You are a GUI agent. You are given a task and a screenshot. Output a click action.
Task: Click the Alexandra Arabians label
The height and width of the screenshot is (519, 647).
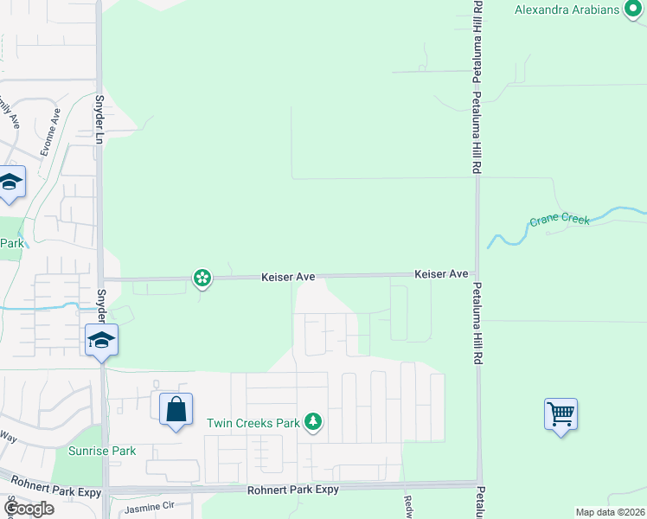(x=567, y=10)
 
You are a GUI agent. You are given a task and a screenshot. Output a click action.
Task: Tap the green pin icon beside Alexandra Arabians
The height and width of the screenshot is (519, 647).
(x=633, y=10)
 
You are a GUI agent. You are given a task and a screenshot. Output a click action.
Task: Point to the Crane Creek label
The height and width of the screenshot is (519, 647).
(x=559, y=220)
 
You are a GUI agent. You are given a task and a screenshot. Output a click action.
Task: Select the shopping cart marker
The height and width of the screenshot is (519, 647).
(x=561, y=414)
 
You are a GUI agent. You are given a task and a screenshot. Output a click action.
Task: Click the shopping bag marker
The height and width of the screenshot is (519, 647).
(x=176, y=409)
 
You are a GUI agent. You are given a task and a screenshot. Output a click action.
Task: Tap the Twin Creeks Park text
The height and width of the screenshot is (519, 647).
(x=253, y=423)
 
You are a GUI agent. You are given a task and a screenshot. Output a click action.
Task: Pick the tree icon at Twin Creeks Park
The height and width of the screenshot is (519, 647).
(x=313, y=422)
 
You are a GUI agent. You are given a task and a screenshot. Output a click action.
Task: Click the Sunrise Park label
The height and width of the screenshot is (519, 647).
(x=102, y=451)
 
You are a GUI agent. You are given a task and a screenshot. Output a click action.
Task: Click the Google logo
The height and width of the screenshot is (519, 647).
(x=29, y=509)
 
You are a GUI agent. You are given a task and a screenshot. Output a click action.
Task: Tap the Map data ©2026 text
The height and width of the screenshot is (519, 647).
(x=611, y=512)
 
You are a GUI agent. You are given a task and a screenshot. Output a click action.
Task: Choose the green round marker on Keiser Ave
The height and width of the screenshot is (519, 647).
(x=202, y=278)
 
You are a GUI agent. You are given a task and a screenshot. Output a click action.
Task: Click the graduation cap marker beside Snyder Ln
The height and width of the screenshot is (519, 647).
(x=101, y=339)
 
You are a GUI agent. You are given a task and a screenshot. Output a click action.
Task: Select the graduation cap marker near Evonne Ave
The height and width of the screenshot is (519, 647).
(x=10, y=182)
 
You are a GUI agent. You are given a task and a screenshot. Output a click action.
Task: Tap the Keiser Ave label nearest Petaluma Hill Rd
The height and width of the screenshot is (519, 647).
(x=441, y=273)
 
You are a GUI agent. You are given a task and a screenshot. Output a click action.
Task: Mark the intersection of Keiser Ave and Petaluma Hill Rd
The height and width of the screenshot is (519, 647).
(x=477, y=274)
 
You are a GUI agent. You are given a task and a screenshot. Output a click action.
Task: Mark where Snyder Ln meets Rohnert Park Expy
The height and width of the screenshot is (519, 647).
(x=105, y=490)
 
